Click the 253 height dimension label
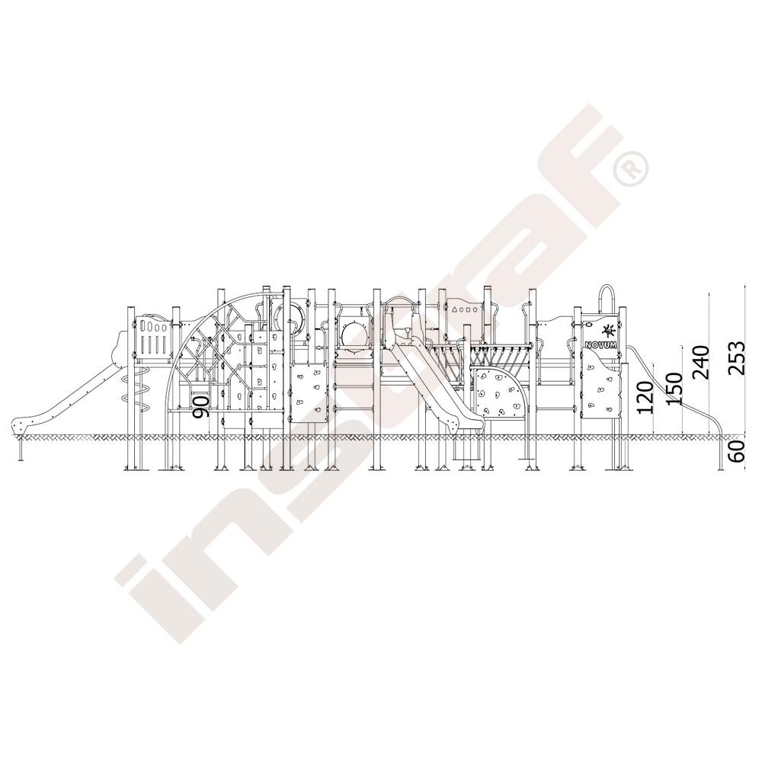pyautogui.click(x=737, y=357)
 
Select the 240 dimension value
pyautogui.click(x=702, y=362)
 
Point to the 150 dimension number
pyautogui.click(x=674, y=389)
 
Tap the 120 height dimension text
pyautogui.click(x=646, y=397)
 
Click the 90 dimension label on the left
pyautogui.click(x=201, y=407)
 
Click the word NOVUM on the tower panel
pyautogui.click(x=600, y=344)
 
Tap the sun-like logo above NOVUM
pyautogui.click(x=607, y=331)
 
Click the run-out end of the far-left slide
pyautogui.click(x=21, y=427)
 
